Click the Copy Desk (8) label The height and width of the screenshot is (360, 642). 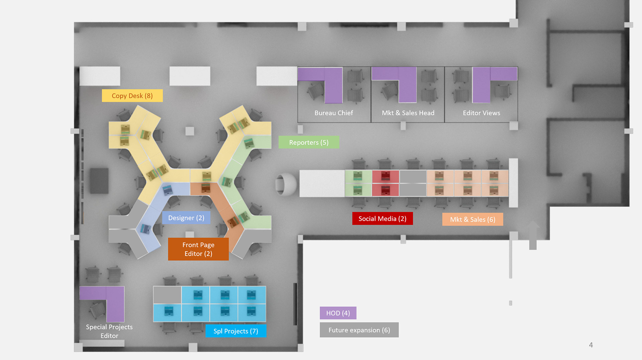click(x=132, y=96)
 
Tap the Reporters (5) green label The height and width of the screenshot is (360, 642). click(x=309, y=142)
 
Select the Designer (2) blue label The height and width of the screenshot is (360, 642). click(x=186, y=218)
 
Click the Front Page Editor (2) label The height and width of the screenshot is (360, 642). click(x=198, y=249)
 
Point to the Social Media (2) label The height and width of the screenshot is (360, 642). click(x=382, y=218)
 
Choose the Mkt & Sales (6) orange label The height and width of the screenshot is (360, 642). click(x=472, y=219)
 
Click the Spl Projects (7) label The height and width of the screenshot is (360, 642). click(x=236, y=331)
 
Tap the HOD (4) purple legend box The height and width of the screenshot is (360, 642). click(x=338, y=313)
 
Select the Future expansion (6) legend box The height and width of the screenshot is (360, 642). click(x=359, y=330)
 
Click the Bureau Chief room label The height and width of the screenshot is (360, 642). click(x=333, y=113)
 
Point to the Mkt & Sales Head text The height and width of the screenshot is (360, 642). click(x=408, y=113)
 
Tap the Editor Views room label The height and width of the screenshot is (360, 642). click(x=481, y=113)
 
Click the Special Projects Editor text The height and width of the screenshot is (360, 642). click(x=109, y=331)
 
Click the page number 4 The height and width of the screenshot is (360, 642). click(x=591, y=345)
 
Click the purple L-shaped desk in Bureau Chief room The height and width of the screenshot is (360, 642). click(x=333, y=87)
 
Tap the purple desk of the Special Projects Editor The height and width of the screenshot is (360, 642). click(x=115, y=303)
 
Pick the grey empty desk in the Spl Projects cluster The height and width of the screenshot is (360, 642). click(x=167, y=295)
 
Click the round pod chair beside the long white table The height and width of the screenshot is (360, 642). click(x=286, y=184)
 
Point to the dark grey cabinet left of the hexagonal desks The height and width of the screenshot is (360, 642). click(x=99, y=181)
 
